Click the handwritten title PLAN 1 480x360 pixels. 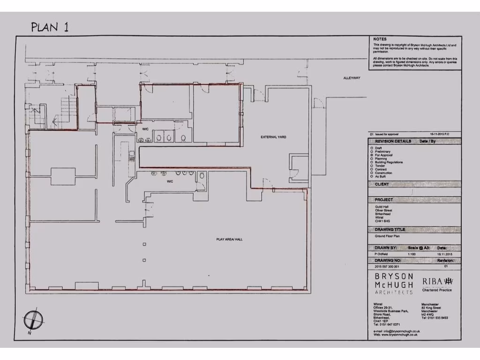point(50,27)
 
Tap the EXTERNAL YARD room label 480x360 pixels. point(273,137)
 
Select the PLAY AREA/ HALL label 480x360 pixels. point(229,239)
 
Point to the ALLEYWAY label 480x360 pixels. point(352,78)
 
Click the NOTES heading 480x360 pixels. point(380,39)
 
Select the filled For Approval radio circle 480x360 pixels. point(372,155)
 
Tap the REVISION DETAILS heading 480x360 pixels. point(393,141)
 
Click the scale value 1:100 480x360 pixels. point(412,254)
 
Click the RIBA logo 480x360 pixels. point(437,282)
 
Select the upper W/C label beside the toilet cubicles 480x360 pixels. point(145,128)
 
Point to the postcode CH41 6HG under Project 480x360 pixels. point(382,220)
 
